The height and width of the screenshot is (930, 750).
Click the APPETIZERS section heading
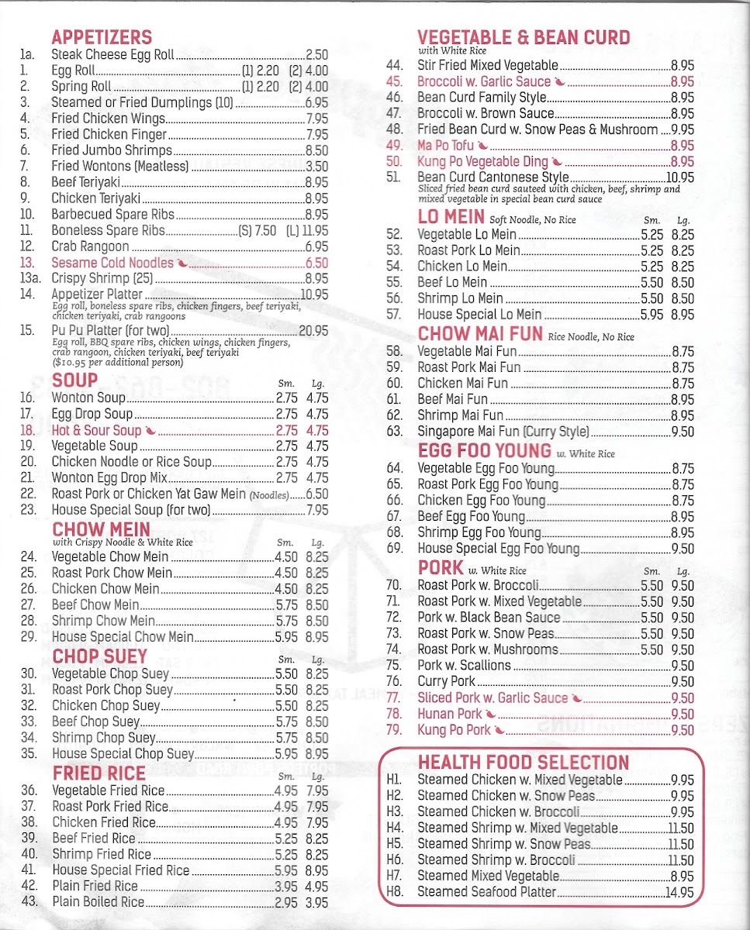tap(102, 37)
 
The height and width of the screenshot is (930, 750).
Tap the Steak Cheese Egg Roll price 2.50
tap(316, 55)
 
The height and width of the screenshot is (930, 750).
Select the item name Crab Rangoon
tap(90, 246)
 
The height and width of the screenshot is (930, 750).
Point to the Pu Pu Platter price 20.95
tap(313, 331)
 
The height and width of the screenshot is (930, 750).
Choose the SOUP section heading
tap(74, 381)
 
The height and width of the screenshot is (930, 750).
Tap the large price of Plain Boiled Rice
tap(316, 902)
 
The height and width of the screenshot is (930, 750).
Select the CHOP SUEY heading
tap(99, 656)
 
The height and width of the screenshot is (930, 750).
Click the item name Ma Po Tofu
tap(446, 146)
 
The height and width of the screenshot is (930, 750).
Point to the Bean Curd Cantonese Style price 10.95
tap(679, 177)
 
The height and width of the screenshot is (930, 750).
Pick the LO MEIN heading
tap(451, 217)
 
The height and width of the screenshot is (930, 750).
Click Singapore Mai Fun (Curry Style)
tap(503, 432)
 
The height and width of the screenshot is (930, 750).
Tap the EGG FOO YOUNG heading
tap(485, 451)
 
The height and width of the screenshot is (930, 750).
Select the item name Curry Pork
tap(447, 682)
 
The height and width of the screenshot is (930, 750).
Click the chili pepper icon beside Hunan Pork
tap(491, 715)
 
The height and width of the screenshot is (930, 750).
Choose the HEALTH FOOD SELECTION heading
tap(524, 762)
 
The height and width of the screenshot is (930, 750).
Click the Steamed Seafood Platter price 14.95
tap(683, 892)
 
